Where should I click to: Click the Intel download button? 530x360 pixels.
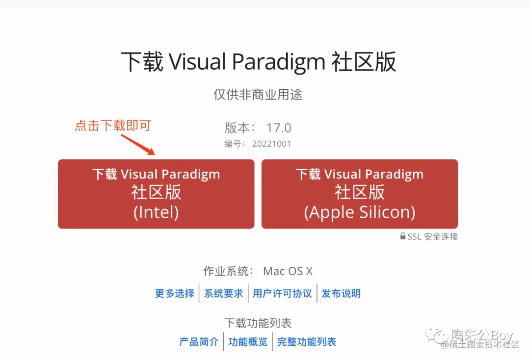(156, 194)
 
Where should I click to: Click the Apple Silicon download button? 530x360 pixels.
(360, 194)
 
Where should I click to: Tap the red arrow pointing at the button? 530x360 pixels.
(138, 145)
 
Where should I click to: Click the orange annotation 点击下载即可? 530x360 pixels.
(113, 126)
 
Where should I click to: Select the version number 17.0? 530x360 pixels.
(279, 128)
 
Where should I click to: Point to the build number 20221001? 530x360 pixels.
(271, 144)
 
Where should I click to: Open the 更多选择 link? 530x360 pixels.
(174, 293)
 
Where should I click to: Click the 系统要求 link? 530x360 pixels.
(223, 293)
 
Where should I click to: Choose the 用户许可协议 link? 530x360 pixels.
(282, 293)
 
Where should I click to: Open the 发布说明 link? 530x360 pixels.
(341, 293)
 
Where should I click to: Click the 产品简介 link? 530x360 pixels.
(199, 342)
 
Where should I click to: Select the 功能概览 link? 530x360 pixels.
(248, 342)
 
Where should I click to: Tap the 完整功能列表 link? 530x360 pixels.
(307, 342)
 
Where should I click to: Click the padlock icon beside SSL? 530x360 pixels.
(402, 236)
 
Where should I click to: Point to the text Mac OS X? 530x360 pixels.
(288, 271)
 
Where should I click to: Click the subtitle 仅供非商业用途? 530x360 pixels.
(258, 95)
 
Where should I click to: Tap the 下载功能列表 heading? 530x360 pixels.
(258, 323)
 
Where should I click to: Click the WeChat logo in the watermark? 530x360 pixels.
(437, 335)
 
